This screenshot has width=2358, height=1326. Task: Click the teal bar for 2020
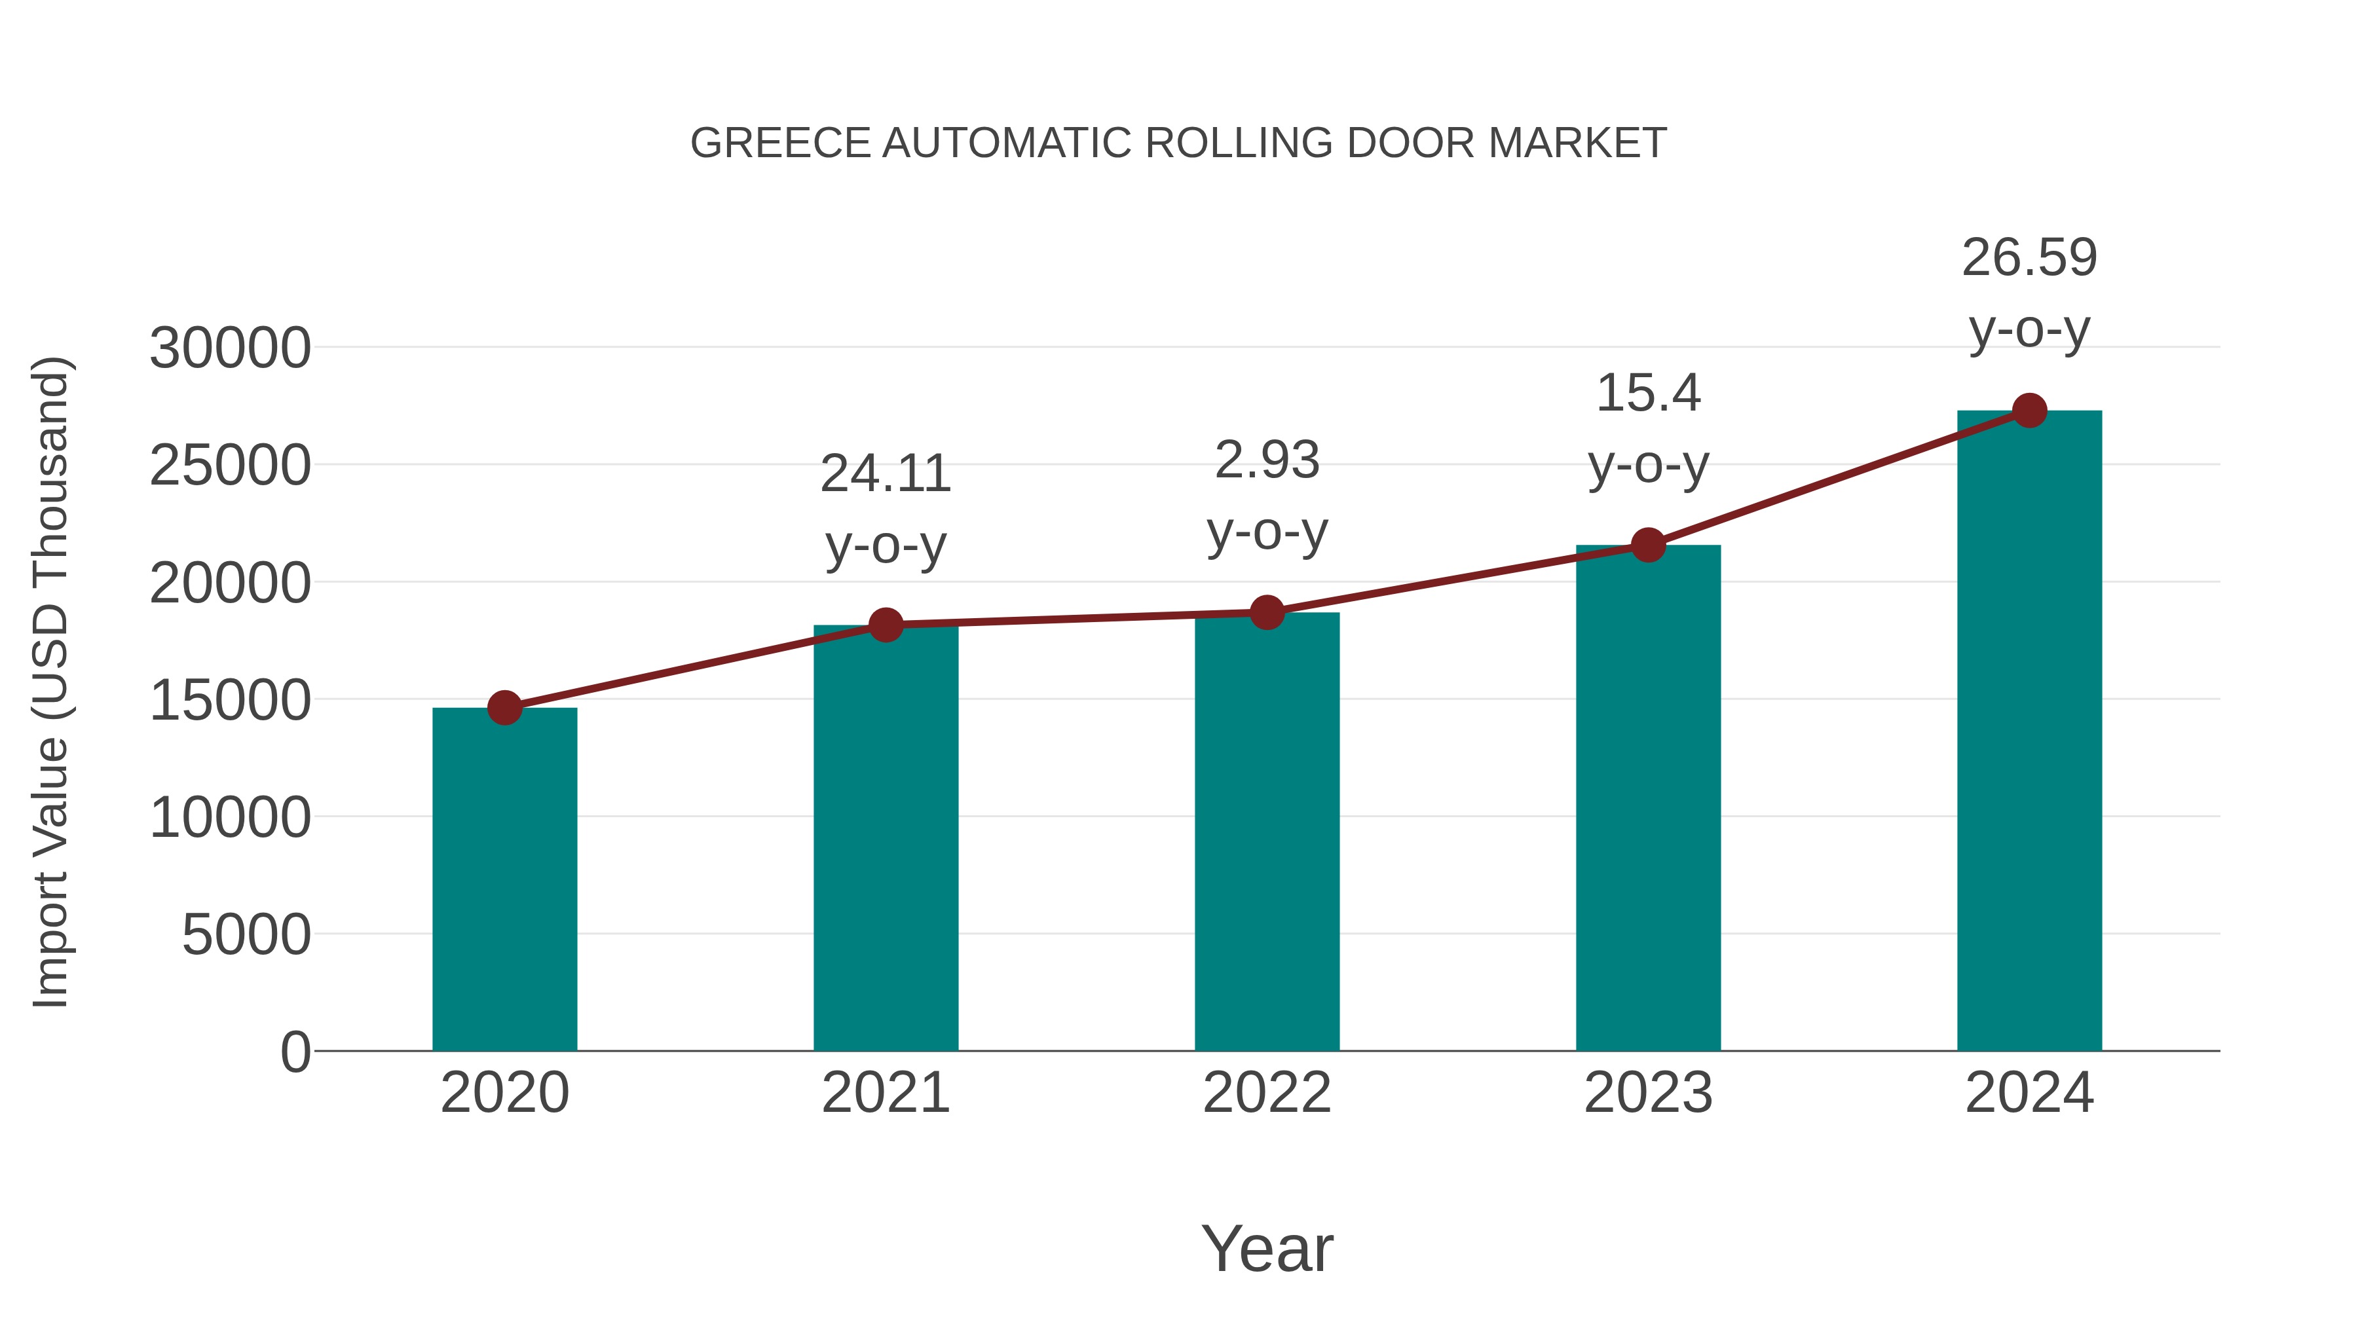pyautogui.click(x=504, y=879)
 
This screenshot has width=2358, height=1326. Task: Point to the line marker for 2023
pyautogui.click(x=1648, y=545)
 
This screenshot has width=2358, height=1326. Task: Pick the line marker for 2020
pyautogui.click(x=504, y=707)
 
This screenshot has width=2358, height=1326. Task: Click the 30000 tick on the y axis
pyautogui.click(x=230, y=348)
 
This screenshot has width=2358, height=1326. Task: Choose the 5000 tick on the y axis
pyautogui.click(x=246, y=935)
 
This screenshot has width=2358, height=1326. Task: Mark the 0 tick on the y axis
pyautogui.click(x=295, y=1052)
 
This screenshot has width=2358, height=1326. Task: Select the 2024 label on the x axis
pyautogui.click(x=2029, y=1093)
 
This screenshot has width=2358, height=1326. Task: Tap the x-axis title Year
pyautogui.click(x=1267, y=1248)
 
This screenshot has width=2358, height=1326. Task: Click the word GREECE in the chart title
pyautogui.click(x=780, y=143)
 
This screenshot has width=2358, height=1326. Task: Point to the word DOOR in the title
pyautogui.click(x=1412, y=143)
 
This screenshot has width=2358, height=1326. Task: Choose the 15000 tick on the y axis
pyautogui.click(x=230, y=701)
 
